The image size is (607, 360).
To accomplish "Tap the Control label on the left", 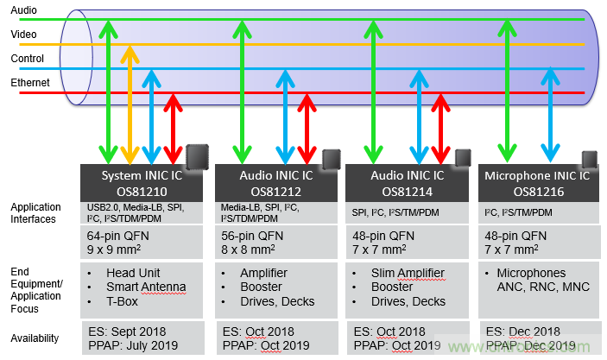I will (27, 59).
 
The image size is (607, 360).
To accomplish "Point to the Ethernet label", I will (29, 83).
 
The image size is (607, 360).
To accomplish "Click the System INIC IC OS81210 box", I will (142, 182).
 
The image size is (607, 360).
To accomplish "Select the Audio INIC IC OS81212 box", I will (275, 182).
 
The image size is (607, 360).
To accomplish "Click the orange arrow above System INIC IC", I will (130, 104).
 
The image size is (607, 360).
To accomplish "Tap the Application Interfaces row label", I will (36, 213).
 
